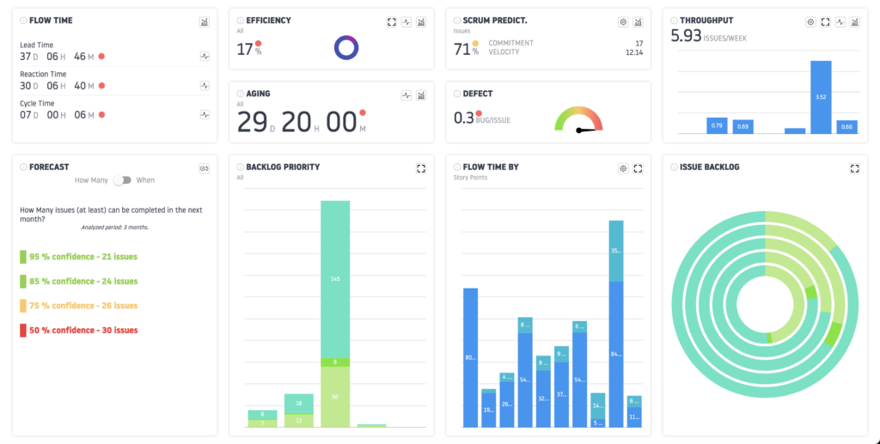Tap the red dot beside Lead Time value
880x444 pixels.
tap(102, 57)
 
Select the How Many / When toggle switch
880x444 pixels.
tap(125, 180)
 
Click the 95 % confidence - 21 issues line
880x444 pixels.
tap(82, 257)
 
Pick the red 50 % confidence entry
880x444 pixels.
tap(82, 330)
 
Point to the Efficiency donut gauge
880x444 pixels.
tap(346, 47)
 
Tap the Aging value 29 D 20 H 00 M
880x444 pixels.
tap(296, 122)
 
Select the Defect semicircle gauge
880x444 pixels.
tap(578, 120)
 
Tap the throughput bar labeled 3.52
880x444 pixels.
tap(821, 97)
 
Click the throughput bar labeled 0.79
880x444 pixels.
tap(718, 125)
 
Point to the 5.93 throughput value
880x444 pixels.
tap(686, 35)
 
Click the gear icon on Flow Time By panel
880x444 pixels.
tap(622, 168)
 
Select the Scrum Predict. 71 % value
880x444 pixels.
tap(465, 49)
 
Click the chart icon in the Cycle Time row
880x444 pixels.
tap(205, 114)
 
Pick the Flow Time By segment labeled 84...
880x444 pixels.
tap(615, 354)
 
